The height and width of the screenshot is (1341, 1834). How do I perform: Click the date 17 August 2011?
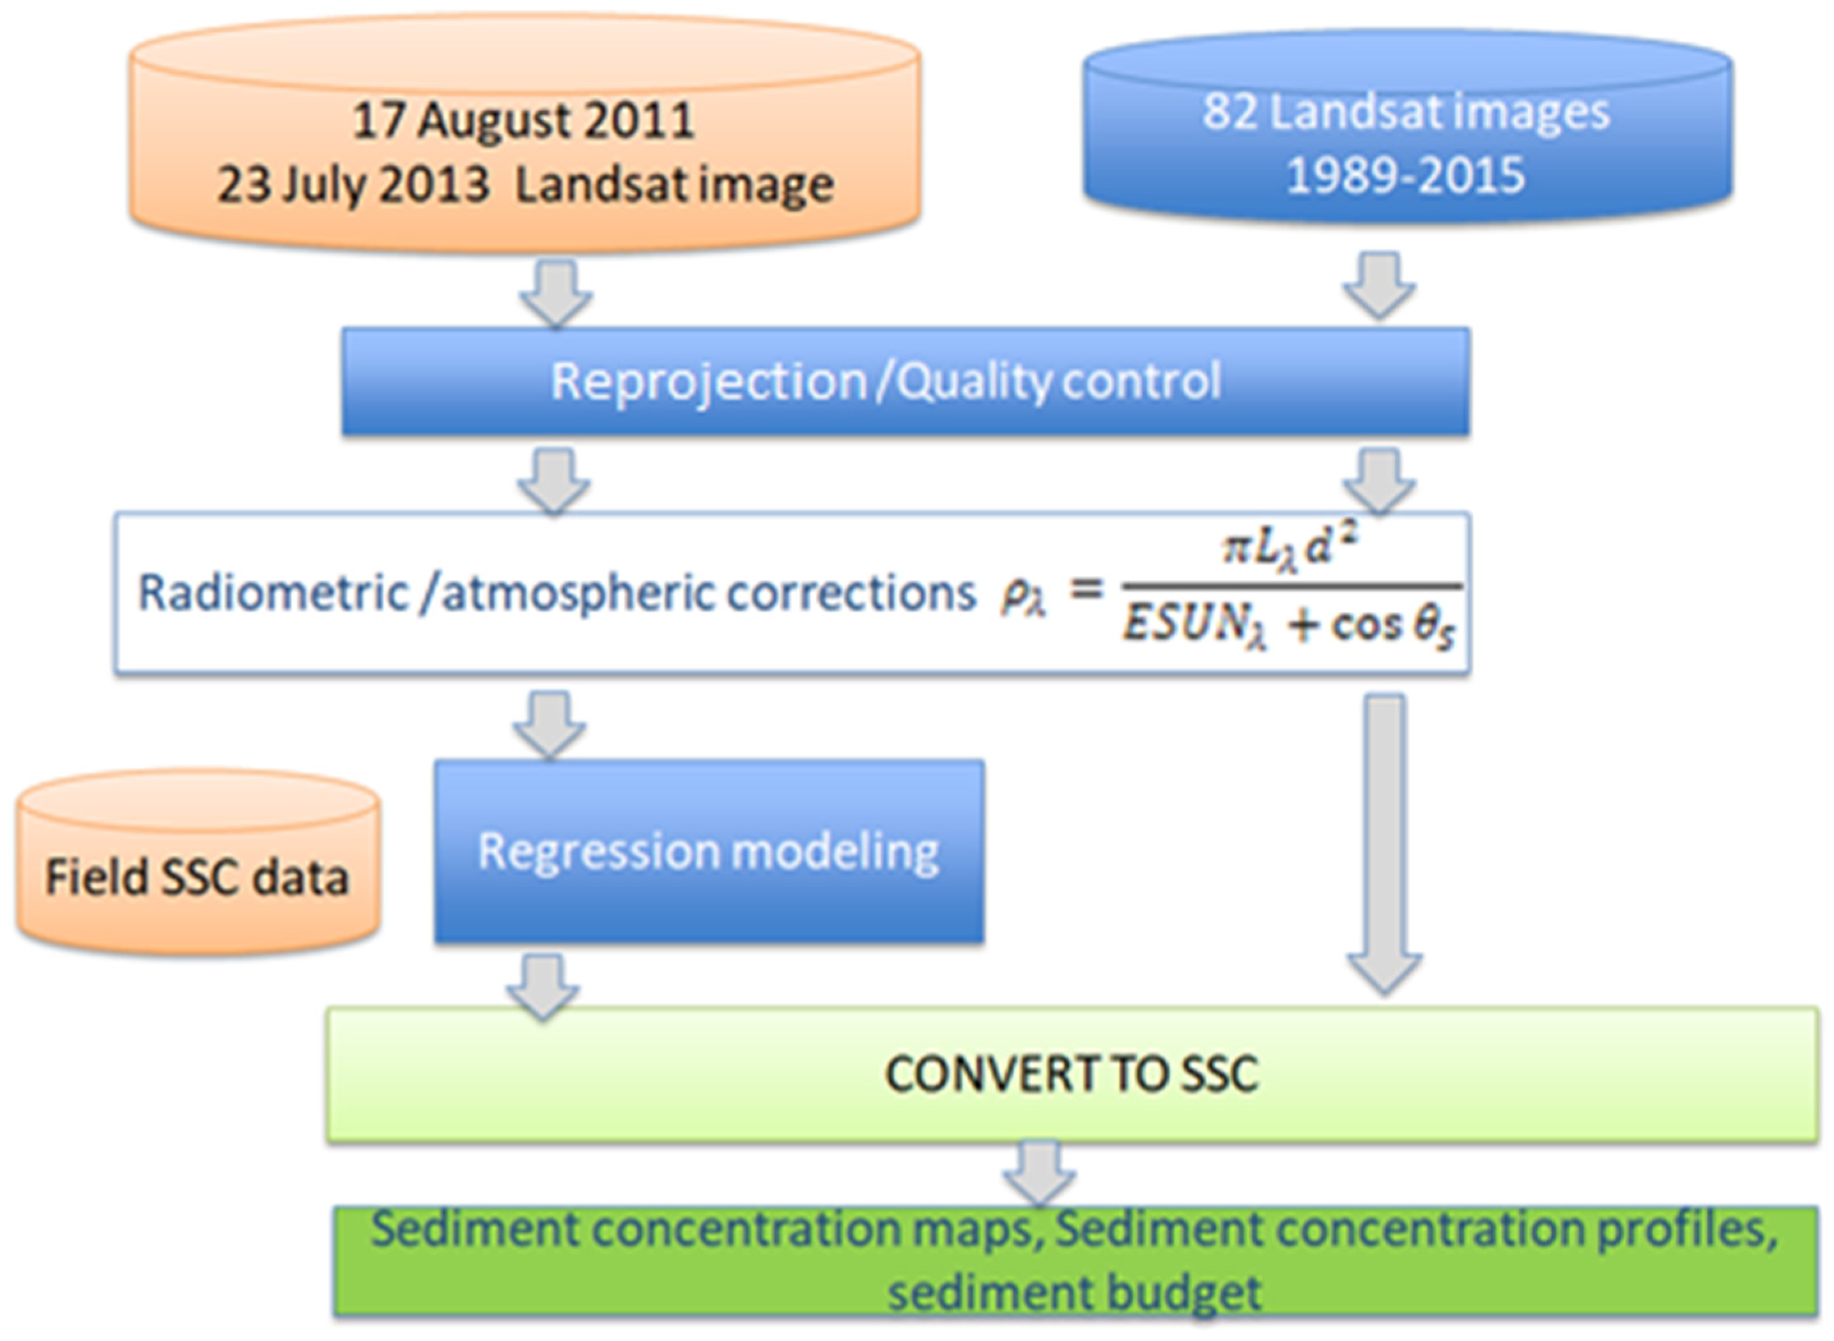coord(523,120)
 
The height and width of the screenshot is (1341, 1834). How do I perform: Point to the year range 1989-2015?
coord(1405,175)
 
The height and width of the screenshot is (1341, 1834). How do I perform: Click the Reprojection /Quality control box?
coord(885,381)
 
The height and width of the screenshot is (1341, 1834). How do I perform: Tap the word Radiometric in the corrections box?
coord(274,594)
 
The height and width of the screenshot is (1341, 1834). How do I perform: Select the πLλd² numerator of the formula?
coord(1291,549)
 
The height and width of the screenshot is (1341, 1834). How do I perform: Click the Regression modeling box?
coord(708,852)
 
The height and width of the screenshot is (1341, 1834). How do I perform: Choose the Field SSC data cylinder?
coord(197,877)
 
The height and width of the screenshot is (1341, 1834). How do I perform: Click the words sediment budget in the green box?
coord(1074,1292)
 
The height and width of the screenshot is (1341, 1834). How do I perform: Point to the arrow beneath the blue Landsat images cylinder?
coord(1378,285)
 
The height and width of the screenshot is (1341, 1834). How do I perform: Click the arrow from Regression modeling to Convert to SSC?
coord(543,985)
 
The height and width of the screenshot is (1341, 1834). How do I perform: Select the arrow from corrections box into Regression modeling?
coord(550,723)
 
